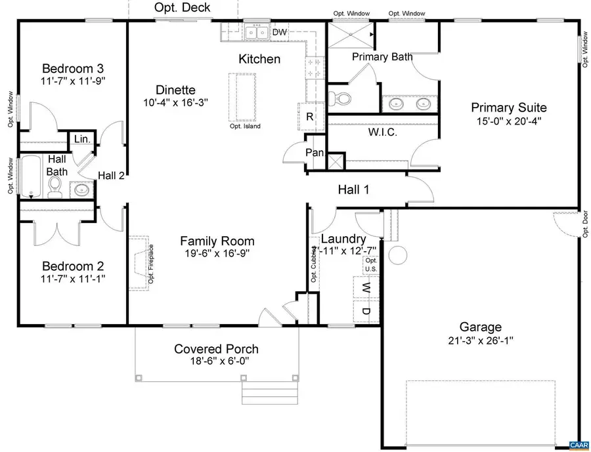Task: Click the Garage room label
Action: coord(481,327)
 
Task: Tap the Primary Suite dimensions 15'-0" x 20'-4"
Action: coord(508,121)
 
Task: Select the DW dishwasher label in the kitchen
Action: coord(279,31)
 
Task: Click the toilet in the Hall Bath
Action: coord(55,189)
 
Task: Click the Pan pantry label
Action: coord(315,153)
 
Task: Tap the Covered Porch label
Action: coord(216,349)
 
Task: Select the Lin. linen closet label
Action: coord(82,138)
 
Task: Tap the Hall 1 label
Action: coord(353,190)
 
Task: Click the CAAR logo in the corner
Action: coord(578,445)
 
